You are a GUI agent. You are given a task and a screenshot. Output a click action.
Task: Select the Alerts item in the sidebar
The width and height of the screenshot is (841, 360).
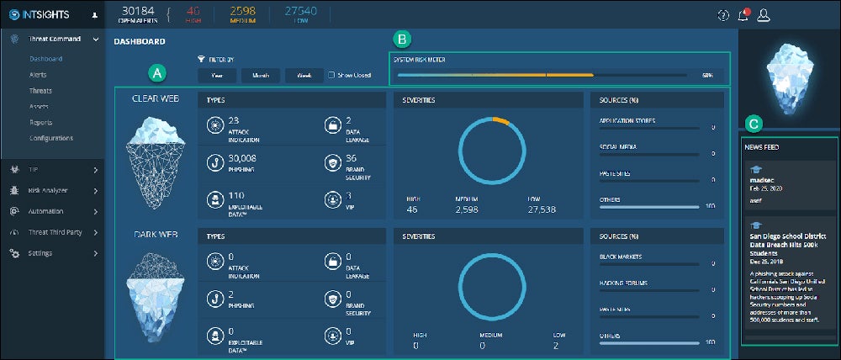click(x=38, y=75)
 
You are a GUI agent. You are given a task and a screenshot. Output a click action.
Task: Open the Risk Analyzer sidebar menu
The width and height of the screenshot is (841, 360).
click(x=49, y=191)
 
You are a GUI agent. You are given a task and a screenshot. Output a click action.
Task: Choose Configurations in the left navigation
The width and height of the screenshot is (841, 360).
click(x=50, y=138)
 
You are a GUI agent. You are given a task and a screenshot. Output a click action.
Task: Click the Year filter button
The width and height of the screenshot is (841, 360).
click(x=217, y=75)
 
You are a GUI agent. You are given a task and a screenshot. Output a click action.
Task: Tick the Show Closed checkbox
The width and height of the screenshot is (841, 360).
click(x=331, y=75)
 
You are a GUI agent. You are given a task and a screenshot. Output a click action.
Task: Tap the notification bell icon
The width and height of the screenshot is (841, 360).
click(x=743, y=15)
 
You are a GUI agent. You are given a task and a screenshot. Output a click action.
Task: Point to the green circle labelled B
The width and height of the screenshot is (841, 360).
click(x=403, y=39)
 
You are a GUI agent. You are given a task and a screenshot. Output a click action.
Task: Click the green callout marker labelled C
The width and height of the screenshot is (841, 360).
click(x=754, y=124)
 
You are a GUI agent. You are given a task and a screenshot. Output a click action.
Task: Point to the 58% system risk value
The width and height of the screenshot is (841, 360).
click(x=708, y=75)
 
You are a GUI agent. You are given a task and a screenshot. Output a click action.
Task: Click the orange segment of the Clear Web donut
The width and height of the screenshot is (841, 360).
click(x=500, y=120)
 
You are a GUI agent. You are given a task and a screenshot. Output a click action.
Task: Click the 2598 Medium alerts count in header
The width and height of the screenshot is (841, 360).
click(x=241, y=10)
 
